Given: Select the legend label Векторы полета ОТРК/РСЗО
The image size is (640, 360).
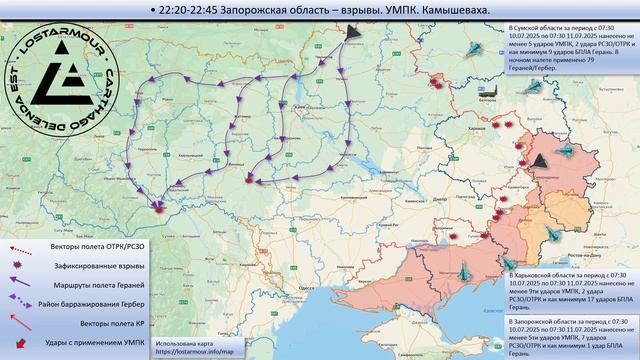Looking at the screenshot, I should [86, 245].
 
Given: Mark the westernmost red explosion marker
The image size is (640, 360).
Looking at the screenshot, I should [157, 207].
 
